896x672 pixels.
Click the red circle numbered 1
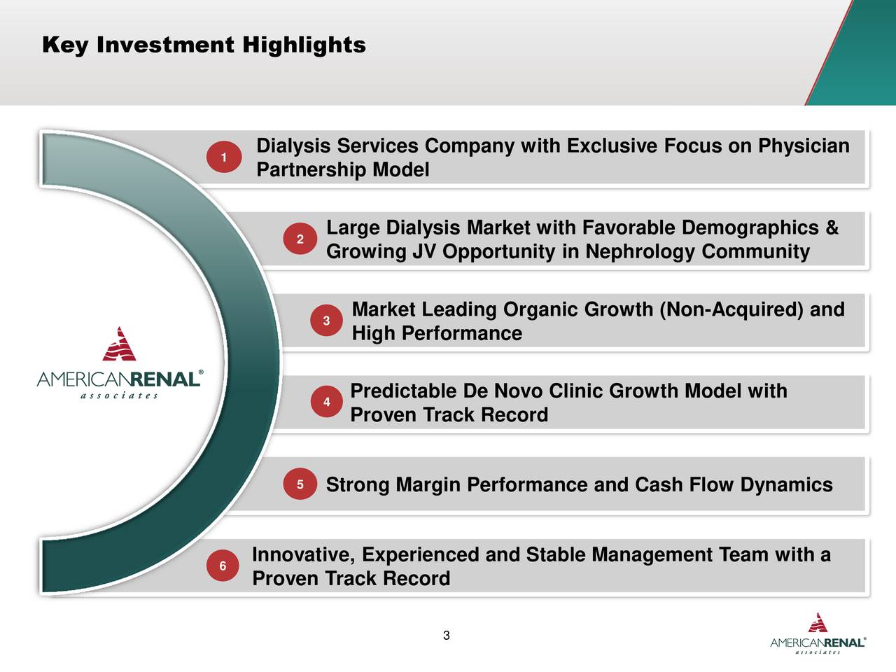224,157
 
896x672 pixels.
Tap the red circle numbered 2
300,239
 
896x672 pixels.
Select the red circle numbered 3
326,321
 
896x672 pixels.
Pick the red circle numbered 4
326,402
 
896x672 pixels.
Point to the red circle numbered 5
300,484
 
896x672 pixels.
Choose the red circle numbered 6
223,566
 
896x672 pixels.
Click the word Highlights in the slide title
304,45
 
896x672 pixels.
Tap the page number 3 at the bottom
447,636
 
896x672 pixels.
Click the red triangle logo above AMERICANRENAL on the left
119,344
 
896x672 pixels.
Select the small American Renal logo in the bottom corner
818,633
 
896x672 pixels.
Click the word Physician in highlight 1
804,146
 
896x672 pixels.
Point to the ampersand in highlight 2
832,227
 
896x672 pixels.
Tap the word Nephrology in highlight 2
640,251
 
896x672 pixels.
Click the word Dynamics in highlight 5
786,485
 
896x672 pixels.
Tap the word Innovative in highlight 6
303,555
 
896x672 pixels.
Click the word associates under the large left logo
119,395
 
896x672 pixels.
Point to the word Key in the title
65,45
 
